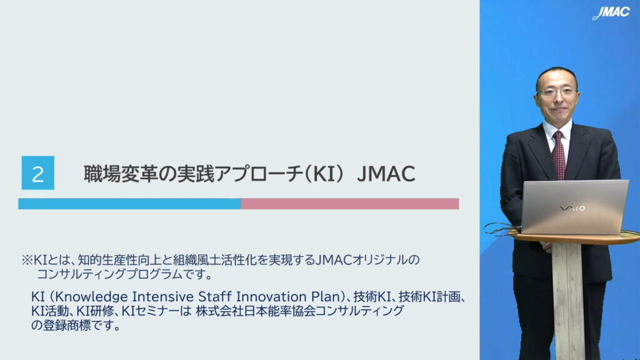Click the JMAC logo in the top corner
point(611,12)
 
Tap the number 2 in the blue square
point(38,174)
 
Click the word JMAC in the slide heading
point(386,174)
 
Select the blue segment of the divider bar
point(129,204)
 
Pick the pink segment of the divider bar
point(350,204)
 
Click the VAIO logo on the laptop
point(572,209)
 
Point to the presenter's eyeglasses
point(557,92)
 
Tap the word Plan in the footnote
point(329,296)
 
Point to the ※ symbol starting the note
point(27,260)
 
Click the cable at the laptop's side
point(502,229)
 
